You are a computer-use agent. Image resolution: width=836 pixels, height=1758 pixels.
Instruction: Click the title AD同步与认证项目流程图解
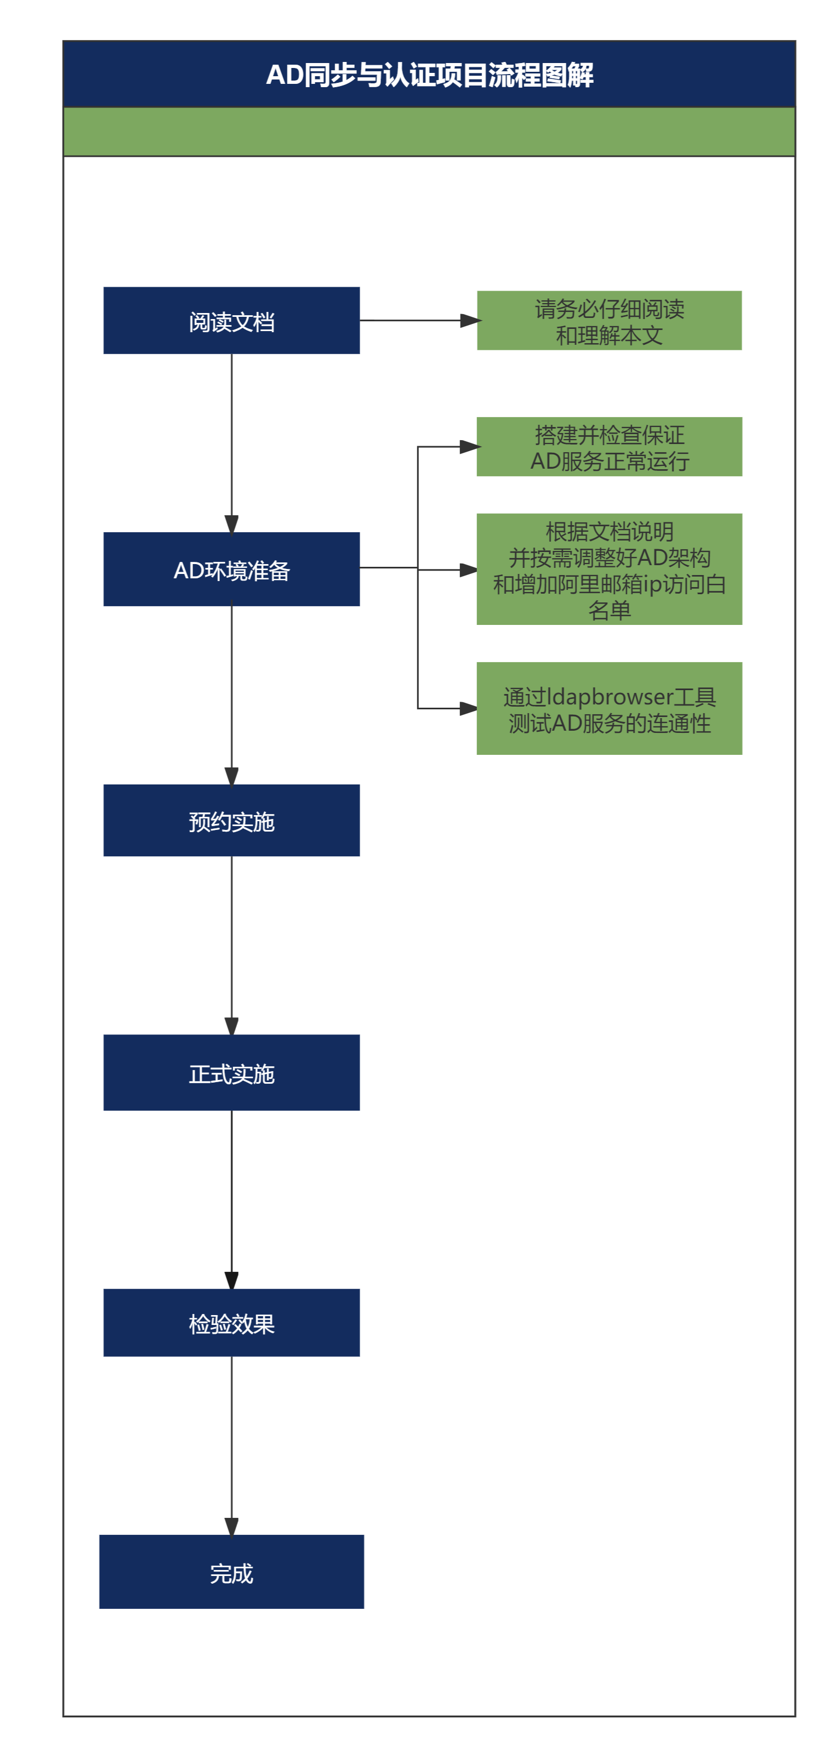429,75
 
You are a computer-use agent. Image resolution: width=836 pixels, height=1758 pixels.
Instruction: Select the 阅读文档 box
231,321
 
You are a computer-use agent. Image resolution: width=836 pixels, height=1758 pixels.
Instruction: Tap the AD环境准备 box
231,569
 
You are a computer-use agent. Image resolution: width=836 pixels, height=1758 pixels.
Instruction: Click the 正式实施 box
231,1073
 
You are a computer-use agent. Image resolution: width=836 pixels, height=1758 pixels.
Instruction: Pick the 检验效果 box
231,1323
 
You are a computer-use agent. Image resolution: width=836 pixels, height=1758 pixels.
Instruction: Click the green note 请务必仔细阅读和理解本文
608,321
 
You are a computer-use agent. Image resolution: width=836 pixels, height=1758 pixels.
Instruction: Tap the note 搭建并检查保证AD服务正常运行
608,446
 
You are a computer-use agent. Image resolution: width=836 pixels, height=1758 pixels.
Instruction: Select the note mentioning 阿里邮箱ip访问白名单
608,569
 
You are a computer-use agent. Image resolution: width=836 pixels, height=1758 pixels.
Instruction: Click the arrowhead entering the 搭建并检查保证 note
469,447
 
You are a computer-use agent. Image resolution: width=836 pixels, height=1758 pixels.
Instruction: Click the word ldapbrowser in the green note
610,697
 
